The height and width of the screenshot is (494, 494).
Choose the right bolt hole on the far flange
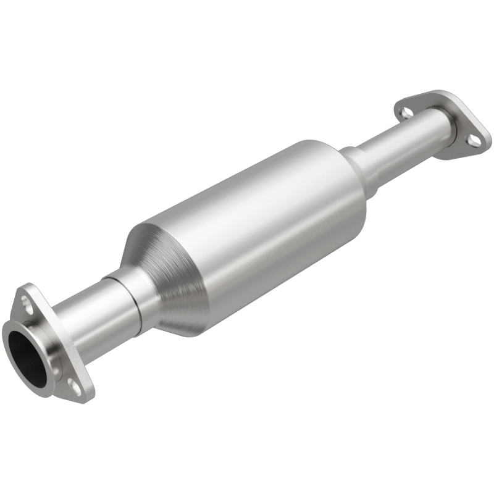(474, 141)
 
